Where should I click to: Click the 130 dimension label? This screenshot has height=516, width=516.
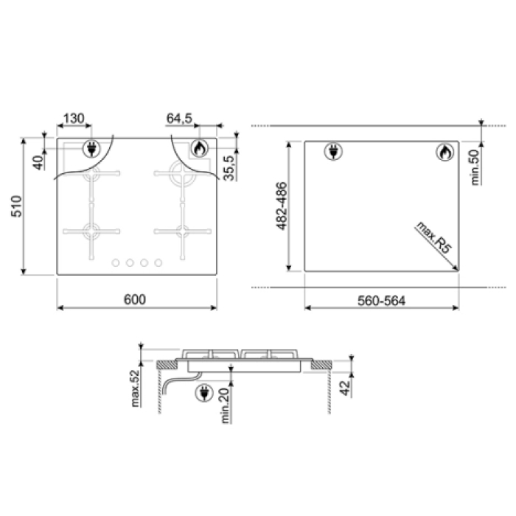(74, 118)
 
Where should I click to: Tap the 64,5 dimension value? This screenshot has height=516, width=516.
(179, 118)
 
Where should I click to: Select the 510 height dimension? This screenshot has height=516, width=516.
(16, 206)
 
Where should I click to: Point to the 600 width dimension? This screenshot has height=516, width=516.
(135, 299)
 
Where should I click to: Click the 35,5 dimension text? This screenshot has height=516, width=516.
(229, 168)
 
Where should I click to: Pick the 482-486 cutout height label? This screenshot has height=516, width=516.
(282, 206)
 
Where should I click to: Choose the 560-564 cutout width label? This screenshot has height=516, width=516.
(381, 301)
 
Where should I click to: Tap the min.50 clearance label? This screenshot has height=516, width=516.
(475, 167)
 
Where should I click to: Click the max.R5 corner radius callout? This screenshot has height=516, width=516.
(433, 237)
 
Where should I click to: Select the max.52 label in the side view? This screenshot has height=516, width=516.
(135, 388)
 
